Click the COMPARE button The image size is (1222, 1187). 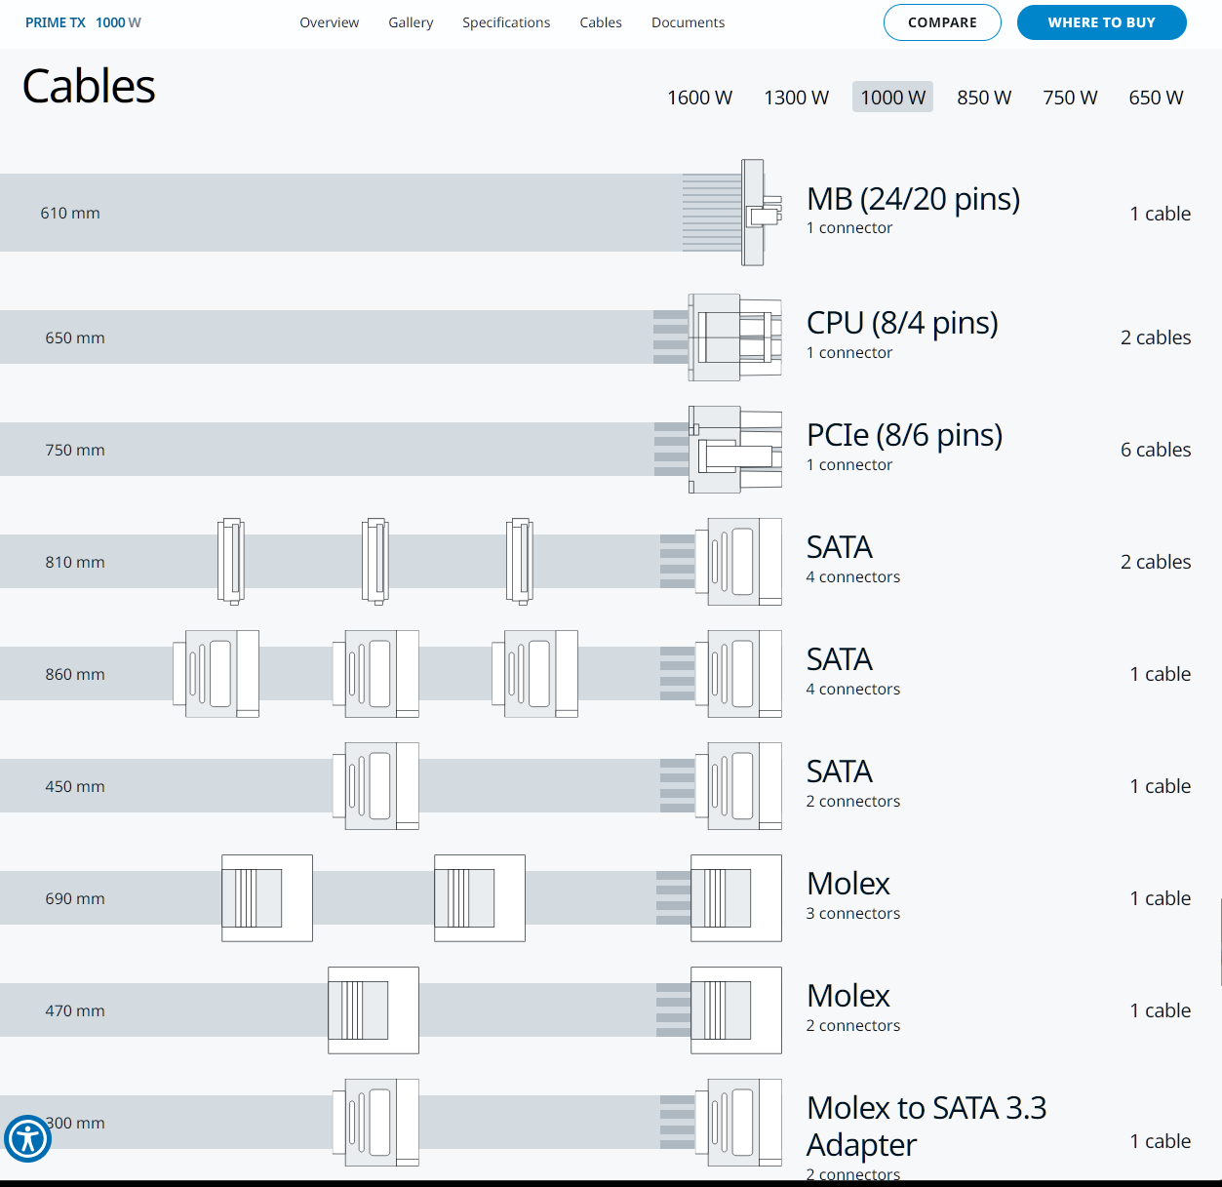941,22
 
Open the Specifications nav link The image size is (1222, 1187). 505,22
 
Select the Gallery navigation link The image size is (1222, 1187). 411,22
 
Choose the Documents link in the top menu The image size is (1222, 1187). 688,22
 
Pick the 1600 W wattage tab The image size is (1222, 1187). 699,98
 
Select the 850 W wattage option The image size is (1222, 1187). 983,98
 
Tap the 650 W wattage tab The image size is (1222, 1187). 1156,98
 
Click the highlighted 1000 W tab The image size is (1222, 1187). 892,98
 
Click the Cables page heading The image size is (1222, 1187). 89,86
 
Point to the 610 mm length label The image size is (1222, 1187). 70,213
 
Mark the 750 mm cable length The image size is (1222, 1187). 75,450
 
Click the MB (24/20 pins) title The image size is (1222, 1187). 913,199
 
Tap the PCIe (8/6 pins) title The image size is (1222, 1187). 904,435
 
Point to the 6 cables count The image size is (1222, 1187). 1156,450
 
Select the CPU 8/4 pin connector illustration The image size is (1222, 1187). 733,337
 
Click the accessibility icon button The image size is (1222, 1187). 27,1138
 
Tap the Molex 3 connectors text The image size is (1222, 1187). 852,914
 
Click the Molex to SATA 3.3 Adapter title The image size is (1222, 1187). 926,1126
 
